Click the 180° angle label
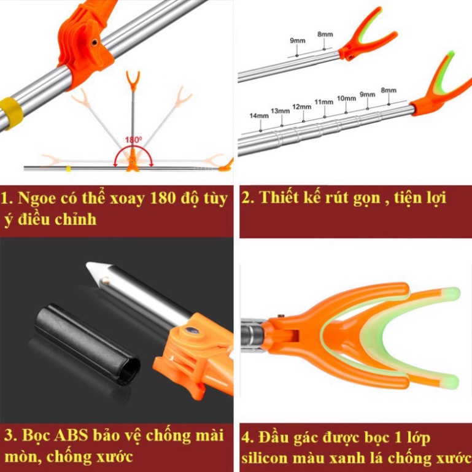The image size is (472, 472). tap(133, 140)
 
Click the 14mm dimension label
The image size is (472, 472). tap(259, 116)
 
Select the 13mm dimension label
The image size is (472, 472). tap(280, 111)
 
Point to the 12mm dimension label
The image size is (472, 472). tap(301, 107)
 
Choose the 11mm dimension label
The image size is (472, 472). tap(324, 102)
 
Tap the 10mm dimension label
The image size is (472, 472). tap(346, 98)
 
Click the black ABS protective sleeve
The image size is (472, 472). tap(87, 344)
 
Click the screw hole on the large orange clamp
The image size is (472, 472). tap(95, 42)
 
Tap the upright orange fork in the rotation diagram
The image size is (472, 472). tap(133, 80)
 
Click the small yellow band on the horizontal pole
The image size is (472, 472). tap(68, 169)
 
